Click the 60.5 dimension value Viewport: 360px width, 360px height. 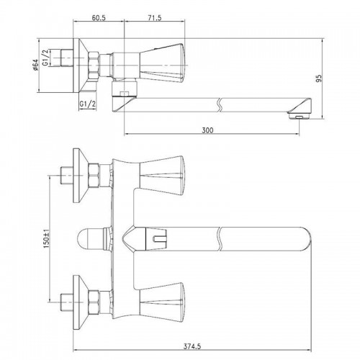(99, 18)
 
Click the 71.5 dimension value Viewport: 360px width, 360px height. (155, 18)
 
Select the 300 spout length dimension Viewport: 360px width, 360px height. (207, 130)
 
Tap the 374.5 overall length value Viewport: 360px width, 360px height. (192, 346)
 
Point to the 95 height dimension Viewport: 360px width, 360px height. (318, 78)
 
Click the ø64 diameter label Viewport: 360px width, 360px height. (35, 65)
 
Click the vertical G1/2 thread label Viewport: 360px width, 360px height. (45, 58)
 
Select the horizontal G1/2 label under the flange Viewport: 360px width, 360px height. (88, 104)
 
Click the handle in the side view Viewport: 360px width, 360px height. (163, 63)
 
